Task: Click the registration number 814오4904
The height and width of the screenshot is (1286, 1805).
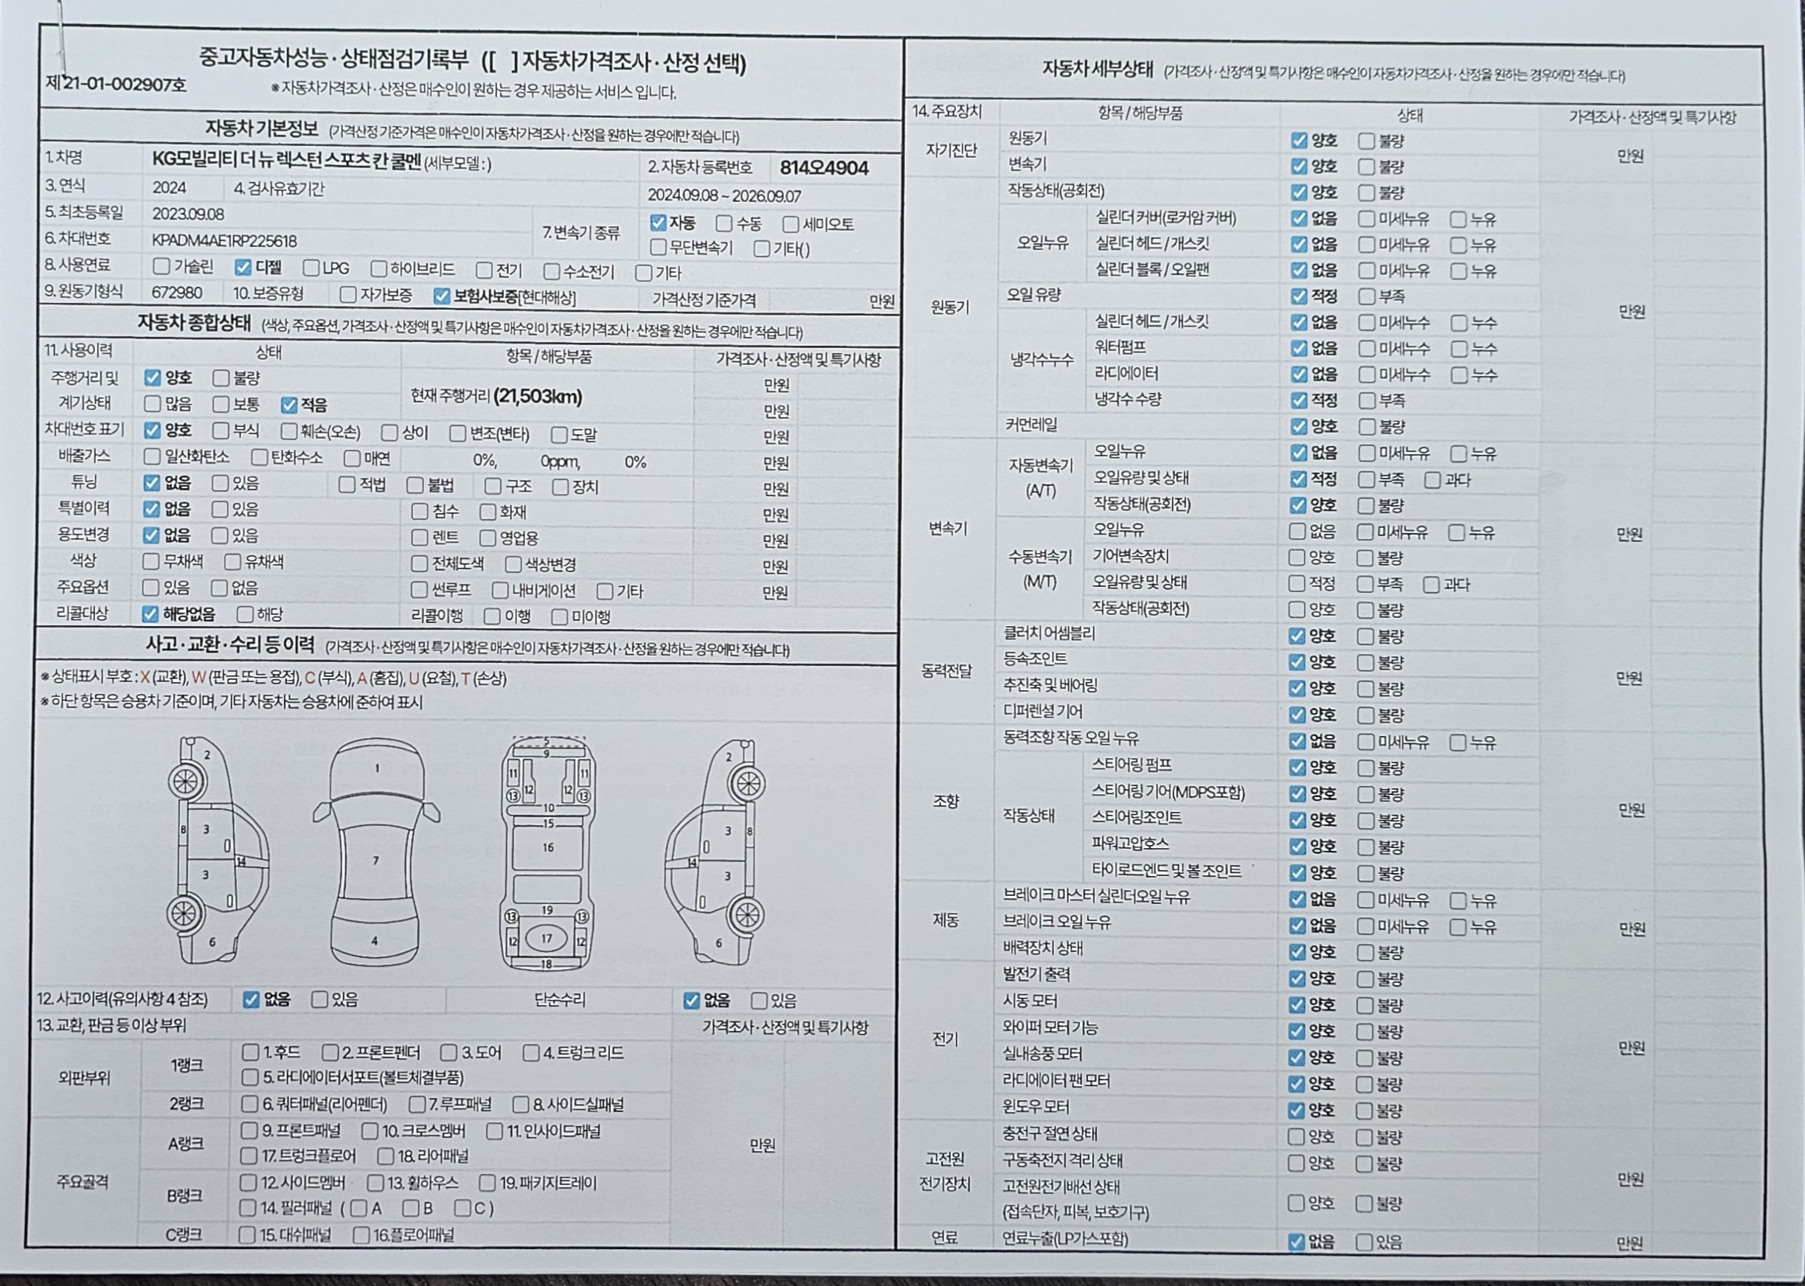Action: click(824, 168)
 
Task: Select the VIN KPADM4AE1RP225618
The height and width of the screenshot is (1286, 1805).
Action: click(224, 240)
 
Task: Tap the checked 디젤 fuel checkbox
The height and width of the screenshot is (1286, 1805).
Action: click(243, 268)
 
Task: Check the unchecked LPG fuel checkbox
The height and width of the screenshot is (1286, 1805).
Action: click(311, 268)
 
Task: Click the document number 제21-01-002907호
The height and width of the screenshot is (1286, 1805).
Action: click(117, 84)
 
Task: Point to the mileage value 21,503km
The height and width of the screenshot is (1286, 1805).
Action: click(538, 396)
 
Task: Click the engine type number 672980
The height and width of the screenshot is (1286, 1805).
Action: click(176, 293)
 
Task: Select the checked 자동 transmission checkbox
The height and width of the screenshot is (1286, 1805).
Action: click(657, 223)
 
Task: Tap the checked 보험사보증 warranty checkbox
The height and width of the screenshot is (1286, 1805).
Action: click(442, 296)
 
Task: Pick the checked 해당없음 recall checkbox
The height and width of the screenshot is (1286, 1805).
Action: click(150, 614)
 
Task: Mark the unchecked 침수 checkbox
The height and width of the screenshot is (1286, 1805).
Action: click(420, 512)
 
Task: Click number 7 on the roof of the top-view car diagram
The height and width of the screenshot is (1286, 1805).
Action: click(375, 860)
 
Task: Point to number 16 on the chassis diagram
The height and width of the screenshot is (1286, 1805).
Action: click(547, 847)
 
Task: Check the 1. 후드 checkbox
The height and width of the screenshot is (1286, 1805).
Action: click(250, 1052)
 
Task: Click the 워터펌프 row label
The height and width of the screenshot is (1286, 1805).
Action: click(1120, 347)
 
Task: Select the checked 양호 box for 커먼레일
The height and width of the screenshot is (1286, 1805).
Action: click(1298, 426)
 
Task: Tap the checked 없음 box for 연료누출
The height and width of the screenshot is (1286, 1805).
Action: click(1297, 1242)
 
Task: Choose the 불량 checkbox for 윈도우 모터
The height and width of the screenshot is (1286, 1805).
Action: click(1365, 1111)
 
